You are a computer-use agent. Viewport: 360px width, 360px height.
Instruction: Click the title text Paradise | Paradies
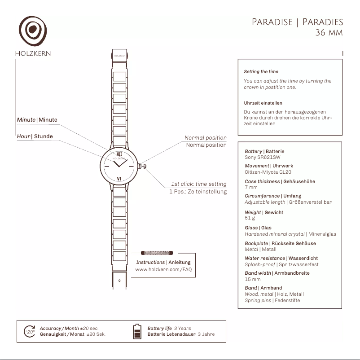tap(297, 22)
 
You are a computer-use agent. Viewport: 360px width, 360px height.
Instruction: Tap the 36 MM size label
tap(329, 33)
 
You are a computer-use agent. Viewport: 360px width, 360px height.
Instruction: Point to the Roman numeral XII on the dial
tap(119, 154)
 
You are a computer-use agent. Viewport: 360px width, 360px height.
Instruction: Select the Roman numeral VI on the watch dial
tap(119, 179)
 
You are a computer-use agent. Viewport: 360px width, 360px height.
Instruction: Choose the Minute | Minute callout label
tap(37, 120)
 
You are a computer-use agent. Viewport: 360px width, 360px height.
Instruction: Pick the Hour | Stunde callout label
tap(35, 136)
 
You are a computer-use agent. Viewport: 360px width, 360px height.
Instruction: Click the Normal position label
tap(206, 138)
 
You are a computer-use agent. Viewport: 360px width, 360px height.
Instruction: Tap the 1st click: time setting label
tap(198, 184)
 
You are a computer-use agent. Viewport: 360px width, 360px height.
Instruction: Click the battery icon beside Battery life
tap(137, 331)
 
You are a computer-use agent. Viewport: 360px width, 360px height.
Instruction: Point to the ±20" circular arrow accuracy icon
tap(29, 331)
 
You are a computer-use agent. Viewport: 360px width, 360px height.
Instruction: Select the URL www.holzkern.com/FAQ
tap(163, 269)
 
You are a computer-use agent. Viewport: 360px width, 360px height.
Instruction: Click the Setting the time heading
tap(261, 71)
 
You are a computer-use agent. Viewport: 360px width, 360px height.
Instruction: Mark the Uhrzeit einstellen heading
tap(263, 103)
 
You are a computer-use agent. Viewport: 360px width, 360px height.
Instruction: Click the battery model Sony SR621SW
tap(262, 158)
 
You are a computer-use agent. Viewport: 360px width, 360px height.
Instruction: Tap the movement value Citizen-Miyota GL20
tap(268, 172)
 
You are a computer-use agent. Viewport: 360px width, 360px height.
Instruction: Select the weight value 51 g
tap(250, 218)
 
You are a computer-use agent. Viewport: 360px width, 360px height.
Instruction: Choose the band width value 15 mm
tap(252, 279)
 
